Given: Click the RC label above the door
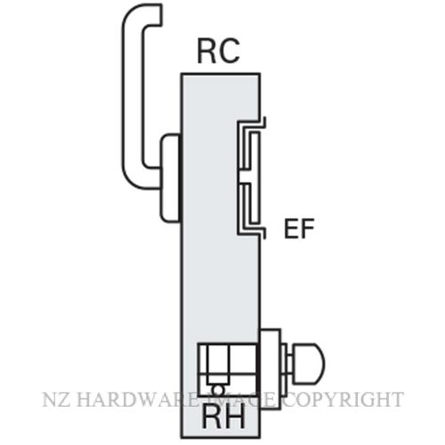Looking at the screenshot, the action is click(x=218, y=52).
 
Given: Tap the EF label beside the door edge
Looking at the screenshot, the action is click(x=299, y=229).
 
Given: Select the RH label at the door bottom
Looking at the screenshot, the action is click(x=223, y=417).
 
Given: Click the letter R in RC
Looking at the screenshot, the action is click(x=206, y=52).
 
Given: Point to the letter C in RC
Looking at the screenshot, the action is click(x=229, y=52).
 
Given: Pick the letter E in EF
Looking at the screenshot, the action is click(x=291, y=229).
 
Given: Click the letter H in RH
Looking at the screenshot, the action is click(x=236, y=417).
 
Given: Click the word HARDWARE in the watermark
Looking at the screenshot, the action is click(x=137, y=400).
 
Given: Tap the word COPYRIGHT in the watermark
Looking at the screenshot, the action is click(x=344, y=400).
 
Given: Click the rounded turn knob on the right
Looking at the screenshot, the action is click(x=309, y=362).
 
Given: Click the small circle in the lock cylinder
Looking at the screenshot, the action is click(x=218, y=389).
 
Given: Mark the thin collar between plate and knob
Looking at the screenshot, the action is click(x=286, y=362).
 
